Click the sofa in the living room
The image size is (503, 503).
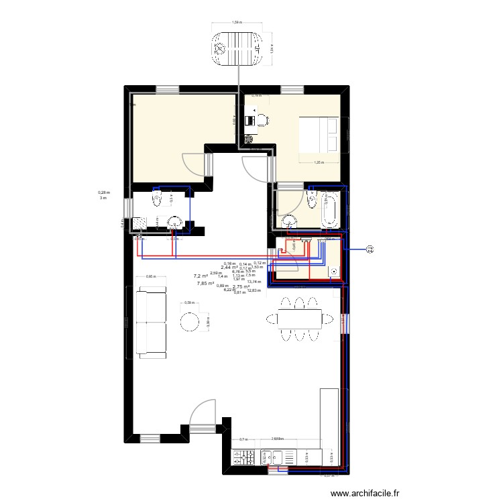pos(151,321)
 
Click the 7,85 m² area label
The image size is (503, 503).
pos(205,284)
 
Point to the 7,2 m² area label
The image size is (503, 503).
pos(201,276)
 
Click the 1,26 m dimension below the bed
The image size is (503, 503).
pos(319,162)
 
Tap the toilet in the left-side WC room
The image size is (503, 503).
pos(158,201)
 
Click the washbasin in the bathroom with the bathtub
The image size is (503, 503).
pos(290,222)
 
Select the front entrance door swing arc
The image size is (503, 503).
pos(201,412)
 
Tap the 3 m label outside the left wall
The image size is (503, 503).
pos(103,198)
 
